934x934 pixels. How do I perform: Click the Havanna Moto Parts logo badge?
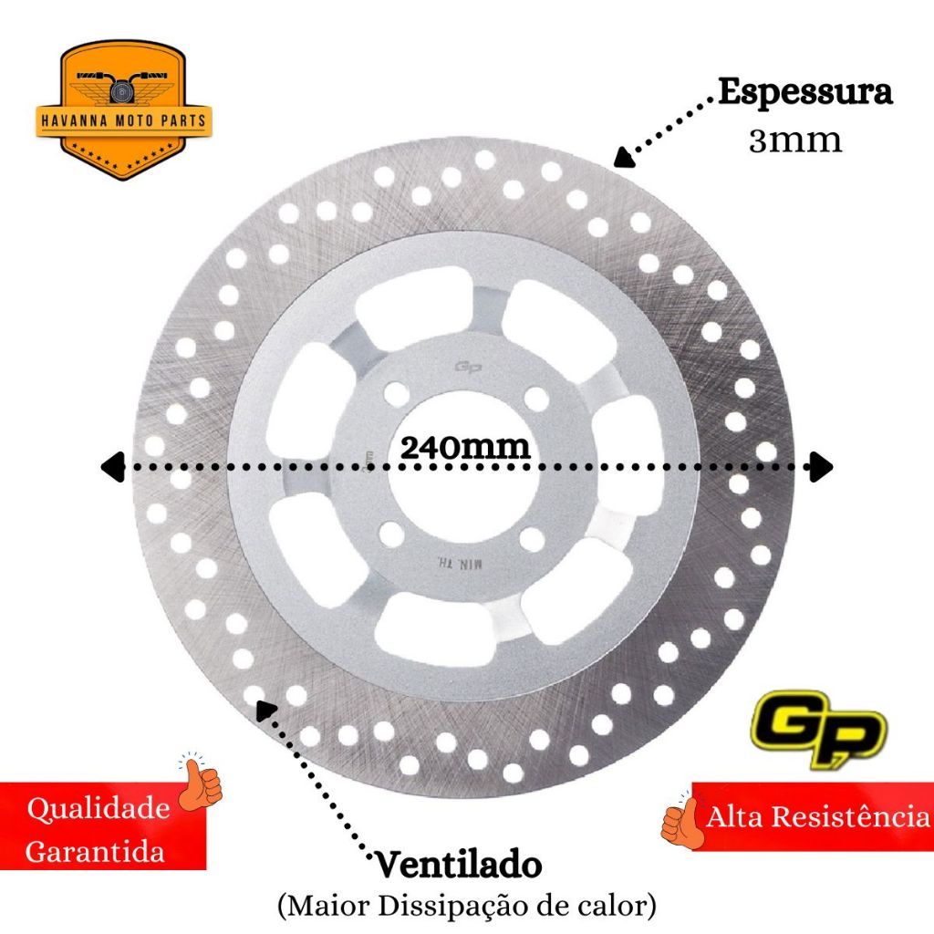(123, 109)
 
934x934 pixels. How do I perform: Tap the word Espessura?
(804, 93)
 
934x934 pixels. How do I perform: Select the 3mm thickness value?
(795, 140)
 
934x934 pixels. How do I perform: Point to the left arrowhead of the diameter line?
(111, 466)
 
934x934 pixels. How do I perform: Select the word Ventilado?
(458, 864)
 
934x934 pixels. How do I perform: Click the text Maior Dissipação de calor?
(466, 906)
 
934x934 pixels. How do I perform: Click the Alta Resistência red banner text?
(816, 816)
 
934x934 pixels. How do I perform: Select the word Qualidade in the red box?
(99, 808)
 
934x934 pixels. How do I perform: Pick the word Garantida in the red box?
(96, 853)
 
